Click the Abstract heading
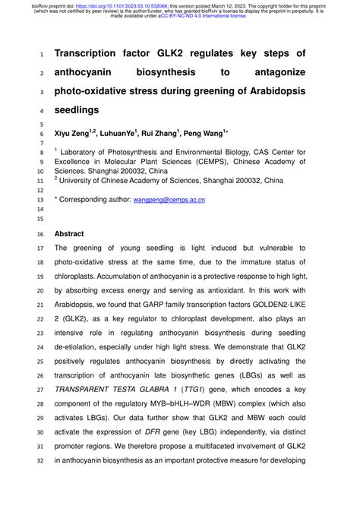(69, 235)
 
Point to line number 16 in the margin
(40, 235)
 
